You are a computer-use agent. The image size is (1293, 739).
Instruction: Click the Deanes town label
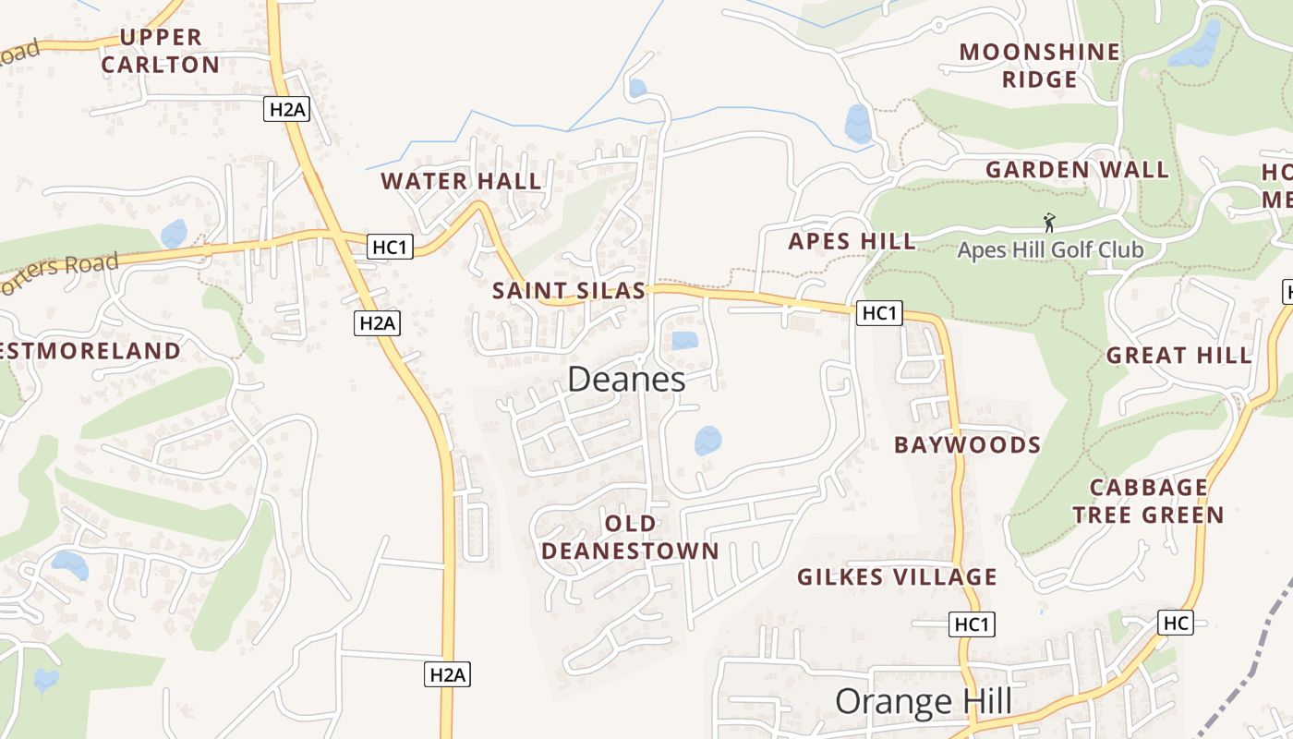pyautogui.click(x=626, y=380)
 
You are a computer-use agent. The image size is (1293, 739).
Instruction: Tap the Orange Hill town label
pyautogui.click(x=923, y=702)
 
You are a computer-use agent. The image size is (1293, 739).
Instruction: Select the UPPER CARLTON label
pyautogui.click(x=161, y=51)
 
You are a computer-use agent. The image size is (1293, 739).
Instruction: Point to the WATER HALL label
pyautogui.click(x=461, y=181)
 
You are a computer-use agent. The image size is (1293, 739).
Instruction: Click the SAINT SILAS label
pyautogui.click(x=568, y=291)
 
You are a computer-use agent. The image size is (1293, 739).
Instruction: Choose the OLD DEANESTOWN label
pyautogui.click(x=630, y=538)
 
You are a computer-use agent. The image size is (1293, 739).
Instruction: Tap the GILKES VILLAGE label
pyautogui.click(x=897, y=577)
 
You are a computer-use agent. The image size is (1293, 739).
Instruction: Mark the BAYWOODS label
pyautogui.click(x=967, y=445)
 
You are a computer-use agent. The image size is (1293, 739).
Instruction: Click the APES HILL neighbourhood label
pyautogui.click(x=852, y=242)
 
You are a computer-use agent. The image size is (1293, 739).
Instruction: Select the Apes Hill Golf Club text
pyautogui.click(x=1050, y=250)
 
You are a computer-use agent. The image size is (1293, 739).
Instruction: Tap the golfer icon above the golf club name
pyautogui.click(x=1049, y=223)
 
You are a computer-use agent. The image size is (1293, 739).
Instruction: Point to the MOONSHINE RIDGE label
pyautogui.click(x=1039, y=66)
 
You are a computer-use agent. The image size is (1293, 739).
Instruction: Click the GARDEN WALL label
pyautogui.click(x=1077, y=170)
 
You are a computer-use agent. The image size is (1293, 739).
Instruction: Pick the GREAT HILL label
pyautogui.click(x=1178, y=356)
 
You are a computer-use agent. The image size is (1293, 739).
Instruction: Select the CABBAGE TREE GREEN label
pyautogui.click(x=1148, y=502)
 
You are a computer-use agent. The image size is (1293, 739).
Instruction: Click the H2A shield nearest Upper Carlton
pyautogui.click(x=286, y=109)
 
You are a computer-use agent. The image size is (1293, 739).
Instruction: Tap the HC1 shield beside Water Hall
pyautogui.click(x=390, y=247)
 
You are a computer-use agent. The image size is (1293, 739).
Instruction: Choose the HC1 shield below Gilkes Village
pyautogui.click(x=972, y=625)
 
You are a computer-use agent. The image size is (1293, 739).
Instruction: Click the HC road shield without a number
pyautogui.click(x=1176, y=624)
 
